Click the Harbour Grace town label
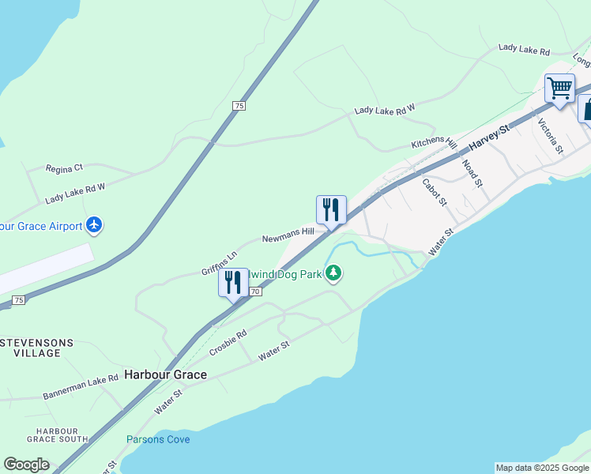tap(165, 374)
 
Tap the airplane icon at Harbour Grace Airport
tap(95, 225)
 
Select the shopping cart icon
tap(559, 88)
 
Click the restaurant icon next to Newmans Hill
tap(331, 209)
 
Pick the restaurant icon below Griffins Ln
tap(232, 283)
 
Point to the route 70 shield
tap(254, 292)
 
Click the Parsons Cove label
tap(158, 439)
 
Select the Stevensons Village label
tap(37, 348)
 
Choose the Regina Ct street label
tap(65, 168)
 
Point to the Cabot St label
tap(435, 191)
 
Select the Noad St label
tap(472, 173)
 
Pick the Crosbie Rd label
tap(229, 344)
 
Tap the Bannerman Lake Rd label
tap(81, 386)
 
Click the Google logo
tap(26, 465)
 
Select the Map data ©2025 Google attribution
tap(542, 468)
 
